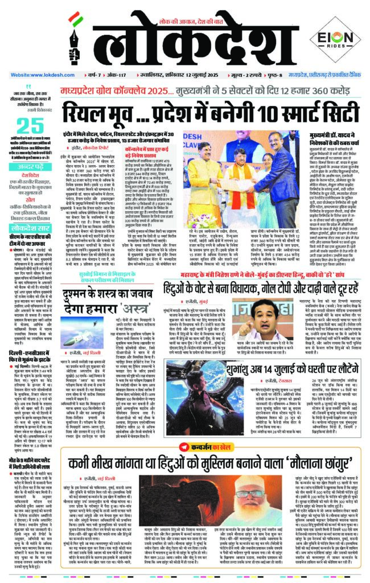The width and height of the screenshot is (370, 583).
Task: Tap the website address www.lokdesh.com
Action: pos(36,75)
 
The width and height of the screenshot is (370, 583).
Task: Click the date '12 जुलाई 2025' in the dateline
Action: pos(188,75)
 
